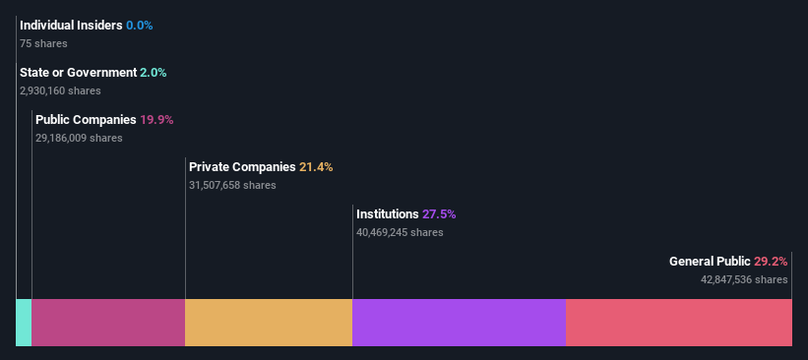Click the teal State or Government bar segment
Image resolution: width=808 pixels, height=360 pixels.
pyautogui.click(x=24, y=323)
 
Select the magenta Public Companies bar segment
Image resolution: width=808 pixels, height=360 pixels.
pyautogui.click(x=108, y=323)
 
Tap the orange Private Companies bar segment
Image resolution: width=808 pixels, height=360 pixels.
pyautogui.click(x=269, y=323)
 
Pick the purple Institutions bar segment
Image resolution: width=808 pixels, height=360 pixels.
pyautogui.click(x=459, y=323)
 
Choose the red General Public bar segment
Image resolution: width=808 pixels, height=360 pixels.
pyautogui.click(x=679, y=323)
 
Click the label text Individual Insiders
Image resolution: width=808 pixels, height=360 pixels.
pyautogui.click(x=71, y=25)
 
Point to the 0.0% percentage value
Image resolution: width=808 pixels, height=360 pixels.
pyautogui.click(x=140, y=25)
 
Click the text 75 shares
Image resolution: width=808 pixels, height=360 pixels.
pyautogui.click(x=43, y=43)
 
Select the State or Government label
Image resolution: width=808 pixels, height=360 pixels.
pyautogui.click(x=78, y=72)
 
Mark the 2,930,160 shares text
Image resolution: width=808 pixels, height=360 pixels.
pyautogui.click(x=60, y=90)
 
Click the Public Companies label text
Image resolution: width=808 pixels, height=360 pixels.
pyautogui.click(x=86, y=120)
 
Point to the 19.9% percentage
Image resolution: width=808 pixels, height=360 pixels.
pyautogui.click(x=156, y=120)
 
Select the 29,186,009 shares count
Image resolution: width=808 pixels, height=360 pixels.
pyautogui.click(x=79, y=139)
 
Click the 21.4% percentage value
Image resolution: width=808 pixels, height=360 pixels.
pyautogui.click(x=316, y=167)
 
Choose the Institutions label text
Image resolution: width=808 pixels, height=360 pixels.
pyautogui.click(x=387, y=214)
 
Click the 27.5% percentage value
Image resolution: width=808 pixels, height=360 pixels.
pyautogui.click(x=439, y=214)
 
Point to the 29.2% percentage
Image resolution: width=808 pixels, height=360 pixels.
pyautogui.click(x=771, y=262)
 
